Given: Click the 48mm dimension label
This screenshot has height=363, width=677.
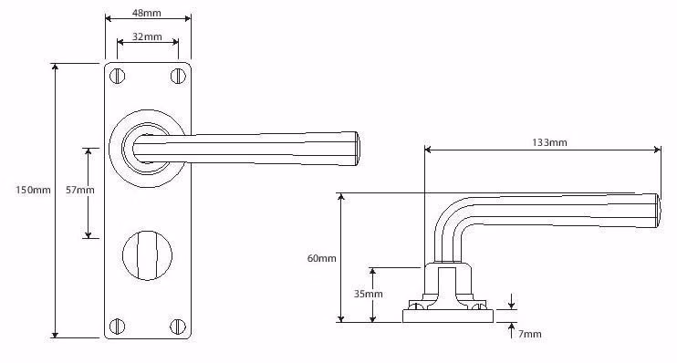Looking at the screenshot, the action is (x=147, y=13).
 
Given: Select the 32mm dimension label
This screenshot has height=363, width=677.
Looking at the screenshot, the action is (x=147, y=36).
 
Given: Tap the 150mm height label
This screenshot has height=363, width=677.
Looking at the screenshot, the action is (x=33, y=190).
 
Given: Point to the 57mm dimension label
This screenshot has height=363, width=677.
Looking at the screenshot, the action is (x=80, y=190).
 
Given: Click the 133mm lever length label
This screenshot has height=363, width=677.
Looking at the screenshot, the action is (x=549, y=142).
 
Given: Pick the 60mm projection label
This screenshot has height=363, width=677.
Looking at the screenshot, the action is (x=322, y=258).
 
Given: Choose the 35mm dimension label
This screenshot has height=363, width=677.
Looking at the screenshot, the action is (x=369, y=294).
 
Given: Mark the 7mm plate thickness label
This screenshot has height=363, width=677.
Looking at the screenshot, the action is (x=530, y=334).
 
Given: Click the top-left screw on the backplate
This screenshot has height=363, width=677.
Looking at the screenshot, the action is (x=117, y=77).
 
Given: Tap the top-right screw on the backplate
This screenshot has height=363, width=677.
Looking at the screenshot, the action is (x=178, y=77).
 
